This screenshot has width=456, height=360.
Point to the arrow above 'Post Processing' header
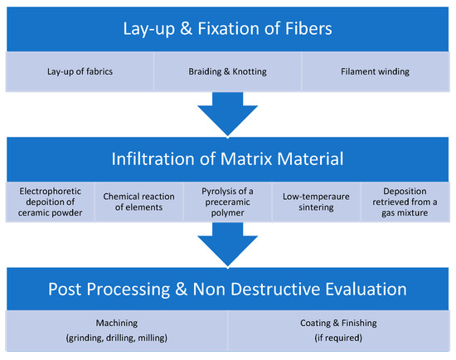[x=227, y=246]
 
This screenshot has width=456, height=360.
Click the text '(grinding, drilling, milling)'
[x=116, y=338]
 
